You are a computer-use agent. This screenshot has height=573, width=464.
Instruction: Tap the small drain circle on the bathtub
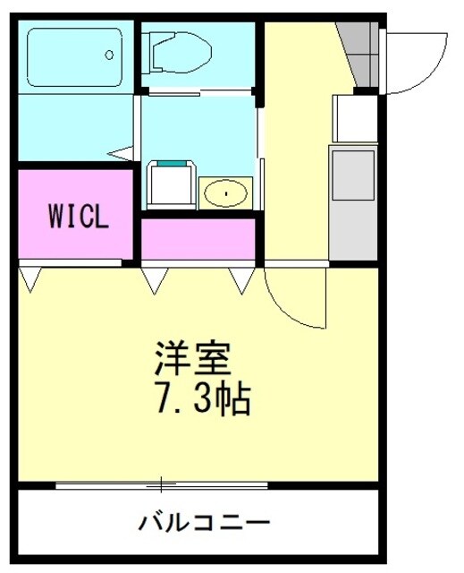click(x=109, y=55)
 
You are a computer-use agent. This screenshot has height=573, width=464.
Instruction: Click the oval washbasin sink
click(x=226, y=192)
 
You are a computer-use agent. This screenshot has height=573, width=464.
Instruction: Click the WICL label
click(x=79, y=217)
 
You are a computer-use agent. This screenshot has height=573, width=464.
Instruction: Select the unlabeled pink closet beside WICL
click(x=198, y=239)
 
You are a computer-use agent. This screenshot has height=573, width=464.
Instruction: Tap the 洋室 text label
click(x=191, y=360)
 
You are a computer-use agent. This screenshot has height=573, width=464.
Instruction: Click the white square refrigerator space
click(x=355, y=116)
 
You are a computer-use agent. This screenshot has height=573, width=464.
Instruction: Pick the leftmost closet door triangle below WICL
click(x=30, y=279)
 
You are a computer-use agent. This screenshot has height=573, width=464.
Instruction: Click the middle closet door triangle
click(x=154, y=281)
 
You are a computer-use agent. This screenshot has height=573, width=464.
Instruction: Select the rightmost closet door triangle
click(x=242, y=281)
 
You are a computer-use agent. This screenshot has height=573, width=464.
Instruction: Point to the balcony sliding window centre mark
click(x=162, y=485)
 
